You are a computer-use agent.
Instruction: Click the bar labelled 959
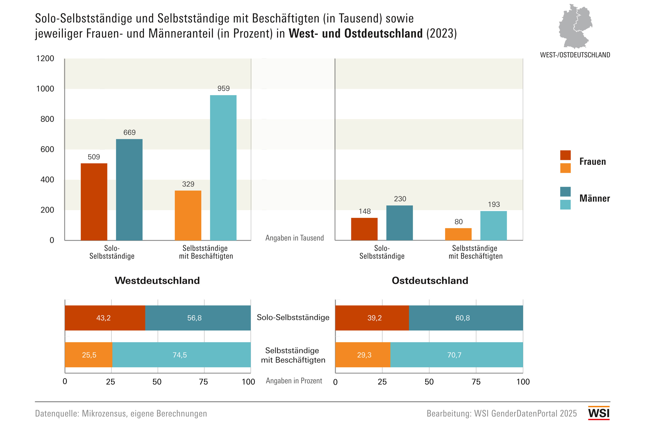(x=223, y=168)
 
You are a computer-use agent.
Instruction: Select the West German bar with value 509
(x=94, y=202)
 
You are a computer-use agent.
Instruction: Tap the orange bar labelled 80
(x=458, y=234)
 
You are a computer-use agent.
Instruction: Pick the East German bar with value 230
(x=399, y=223)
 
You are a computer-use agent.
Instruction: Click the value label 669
(x=129, y=132)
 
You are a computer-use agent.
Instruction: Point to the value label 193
(x=494, y=204)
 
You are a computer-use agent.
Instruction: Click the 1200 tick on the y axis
(x=45, y=58)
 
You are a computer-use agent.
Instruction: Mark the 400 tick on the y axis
(x=47, y=180)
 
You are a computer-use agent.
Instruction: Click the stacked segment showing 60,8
(x=466, y=318)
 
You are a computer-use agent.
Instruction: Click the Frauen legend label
(x=593, y=162)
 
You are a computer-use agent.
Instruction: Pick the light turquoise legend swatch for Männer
(x=565, y=205)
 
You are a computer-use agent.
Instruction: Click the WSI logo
(x=599, y=413)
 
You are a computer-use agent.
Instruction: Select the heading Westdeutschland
(x=157, y=281)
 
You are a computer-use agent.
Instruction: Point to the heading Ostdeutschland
(x=430, y=281)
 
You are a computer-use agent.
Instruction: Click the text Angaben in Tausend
(x=295, y=238)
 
